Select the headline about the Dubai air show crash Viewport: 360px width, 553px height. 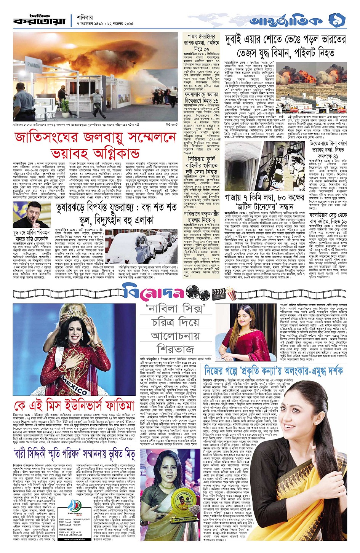[285, 46]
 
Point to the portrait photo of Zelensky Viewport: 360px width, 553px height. [30, 216]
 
